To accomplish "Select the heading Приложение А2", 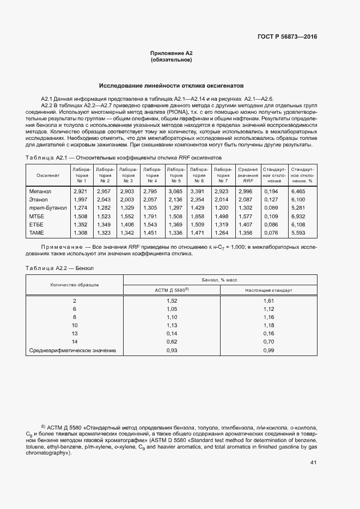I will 171,53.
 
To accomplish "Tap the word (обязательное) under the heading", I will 171,59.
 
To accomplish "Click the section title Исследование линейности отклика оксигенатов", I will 171,86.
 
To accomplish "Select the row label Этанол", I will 39,199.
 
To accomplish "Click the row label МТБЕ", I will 37,216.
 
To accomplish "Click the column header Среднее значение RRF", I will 247,175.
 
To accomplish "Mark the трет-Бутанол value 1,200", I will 222,208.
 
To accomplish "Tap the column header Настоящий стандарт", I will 269,290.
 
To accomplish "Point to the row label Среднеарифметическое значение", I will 72,350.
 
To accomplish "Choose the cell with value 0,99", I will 269,350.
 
